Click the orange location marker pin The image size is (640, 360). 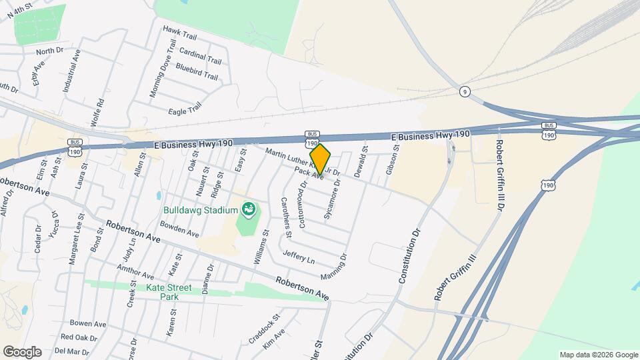(320, 159)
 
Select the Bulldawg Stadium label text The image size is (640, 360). (200, 211)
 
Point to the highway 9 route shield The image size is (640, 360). (465, 91)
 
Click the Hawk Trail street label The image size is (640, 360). (180, 31)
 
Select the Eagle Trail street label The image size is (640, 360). (185, 109)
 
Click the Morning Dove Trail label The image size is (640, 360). (163, 69)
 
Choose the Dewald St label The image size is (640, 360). (361, 162)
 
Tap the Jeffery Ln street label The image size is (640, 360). (298, 255)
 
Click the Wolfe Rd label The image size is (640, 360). (100, 113)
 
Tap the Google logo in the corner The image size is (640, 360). (22, 351)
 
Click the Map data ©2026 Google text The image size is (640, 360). (598, 355)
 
